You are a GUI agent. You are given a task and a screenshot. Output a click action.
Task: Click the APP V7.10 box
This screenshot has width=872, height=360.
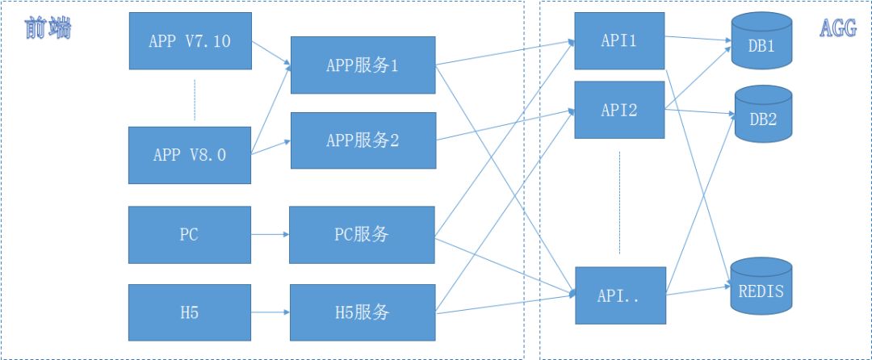tap(191, 41)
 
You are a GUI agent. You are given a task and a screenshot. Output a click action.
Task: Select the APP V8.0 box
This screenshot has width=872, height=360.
tap(190, 155)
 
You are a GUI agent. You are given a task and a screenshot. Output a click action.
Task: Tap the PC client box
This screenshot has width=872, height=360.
tap(190, 234)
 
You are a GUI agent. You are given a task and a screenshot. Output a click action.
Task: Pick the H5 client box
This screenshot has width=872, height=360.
tap(190, 312)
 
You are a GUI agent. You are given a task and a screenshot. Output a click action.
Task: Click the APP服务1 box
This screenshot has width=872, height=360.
tap(363, 65)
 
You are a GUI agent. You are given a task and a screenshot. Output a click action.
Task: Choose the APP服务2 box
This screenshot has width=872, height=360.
tap(363, 140)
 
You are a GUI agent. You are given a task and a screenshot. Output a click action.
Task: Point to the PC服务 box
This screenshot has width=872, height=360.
tap(362, 234)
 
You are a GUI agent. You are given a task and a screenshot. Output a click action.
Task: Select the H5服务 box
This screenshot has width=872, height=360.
tap(363, 312)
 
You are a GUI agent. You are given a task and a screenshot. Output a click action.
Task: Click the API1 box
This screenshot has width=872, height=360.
tap(619, 40)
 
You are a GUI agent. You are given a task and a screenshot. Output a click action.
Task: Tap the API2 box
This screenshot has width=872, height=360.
tap(619, 110)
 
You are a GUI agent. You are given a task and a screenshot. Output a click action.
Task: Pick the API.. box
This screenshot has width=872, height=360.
tap(620, 295)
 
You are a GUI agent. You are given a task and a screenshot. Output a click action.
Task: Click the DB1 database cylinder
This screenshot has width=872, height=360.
tap(761, 40)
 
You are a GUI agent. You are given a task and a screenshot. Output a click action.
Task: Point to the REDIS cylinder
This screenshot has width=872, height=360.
tap(761, 286)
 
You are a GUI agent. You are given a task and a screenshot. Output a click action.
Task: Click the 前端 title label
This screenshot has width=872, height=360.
tap(48, 28)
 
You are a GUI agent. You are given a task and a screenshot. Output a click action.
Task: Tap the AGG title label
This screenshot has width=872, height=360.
tap(838, 28)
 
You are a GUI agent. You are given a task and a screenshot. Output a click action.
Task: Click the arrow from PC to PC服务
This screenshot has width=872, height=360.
tap(270, 234)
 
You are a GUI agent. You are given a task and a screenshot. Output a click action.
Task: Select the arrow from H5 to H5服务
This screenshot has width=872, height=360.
tap(270, 312)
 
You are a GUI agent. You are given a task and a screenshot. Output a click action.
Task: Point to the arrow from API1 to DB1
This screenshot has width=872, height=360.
tap(698, 39)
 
